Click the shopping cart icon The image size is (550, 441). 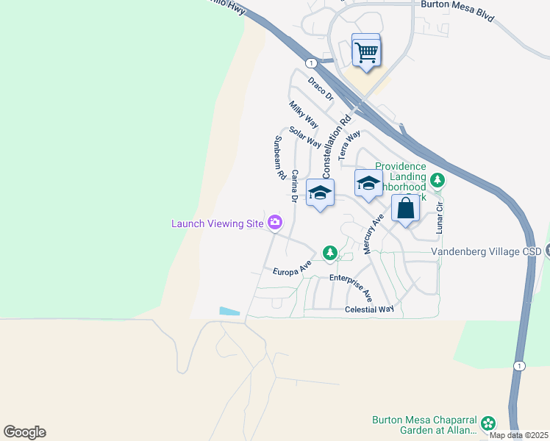pos(366,51)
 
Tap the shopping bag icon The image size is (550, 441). pos(405,209)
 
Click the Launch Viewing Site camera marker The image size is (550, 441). pos(275,222)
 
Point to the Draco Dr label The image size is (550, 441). pos(321,88)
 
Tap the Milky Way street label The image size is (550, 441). pos(301,116)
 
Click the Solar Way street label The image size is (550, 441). pos(304,137)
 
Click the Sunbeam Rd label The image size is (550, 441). pos(279,158)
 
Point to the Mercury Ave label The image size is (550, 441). pos(374,234)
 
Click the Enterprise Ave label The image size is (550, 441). pos(352,287)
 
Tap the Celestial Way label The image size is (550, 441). pos(369,309)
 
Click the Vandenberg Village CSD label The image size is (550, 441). pos(485,251)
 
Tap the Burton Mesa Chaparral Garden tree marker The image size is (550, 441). pos(488,423)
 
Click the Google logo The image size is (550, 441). pos(24,432)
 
